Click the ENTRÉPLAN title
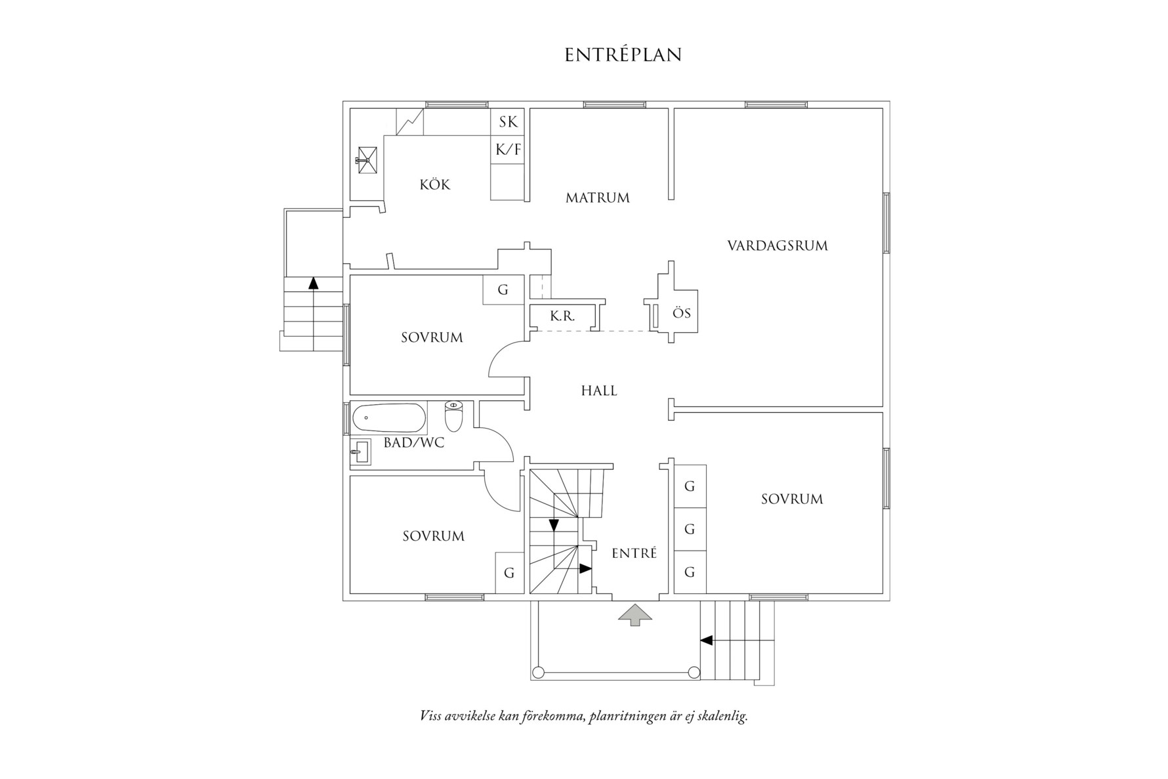[x=623, y=55]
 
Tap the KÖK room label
[x=435, y=185]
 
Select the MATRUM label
[x=597, y=198]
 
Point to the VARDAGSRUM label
[x=777, y=246]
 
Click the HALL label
[x=598, y=391]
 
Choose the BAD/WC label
[x=413, y=443]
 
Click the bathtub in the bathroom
[x=388, y=417]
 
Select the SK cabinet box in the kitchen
[x=508, y=122]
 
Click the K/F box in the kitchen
[x=508, y=150]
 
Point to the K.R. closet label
[x=562, y=316]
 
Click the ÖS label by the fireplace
[x=682, y=314]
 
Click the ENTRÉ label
[x=634, y=554]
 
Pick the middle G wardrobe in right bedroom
[x=689, y=529]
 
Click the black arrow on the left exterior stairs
[x=313, y=284]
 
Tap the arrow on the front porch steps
[x=707, y=640]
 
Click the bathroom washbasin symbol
[x=359, y=452]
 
